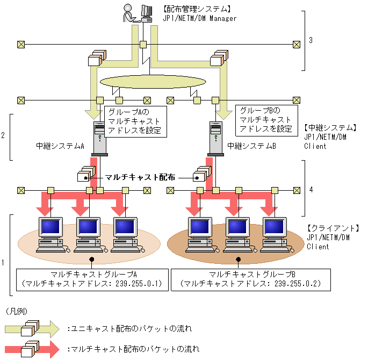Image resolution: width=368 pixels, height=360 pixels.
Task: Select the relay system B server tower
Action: [215, 138]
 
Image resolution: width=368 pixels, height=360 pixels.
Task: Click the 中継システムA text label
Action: [61, 146]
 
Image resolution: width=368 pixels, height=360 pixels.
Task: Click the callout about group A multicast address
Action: [134, 121]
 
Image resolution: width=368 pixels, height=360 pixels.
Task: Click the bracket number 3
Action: [311, 40]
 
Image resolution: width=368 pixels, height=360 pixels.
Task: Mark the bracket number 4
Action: [311, 189]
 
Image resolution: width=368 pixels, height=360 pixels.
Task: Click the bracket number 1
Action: [4, 263]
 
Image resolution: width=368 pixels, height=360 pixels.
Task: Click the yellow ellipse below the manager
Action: [153, 82]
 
